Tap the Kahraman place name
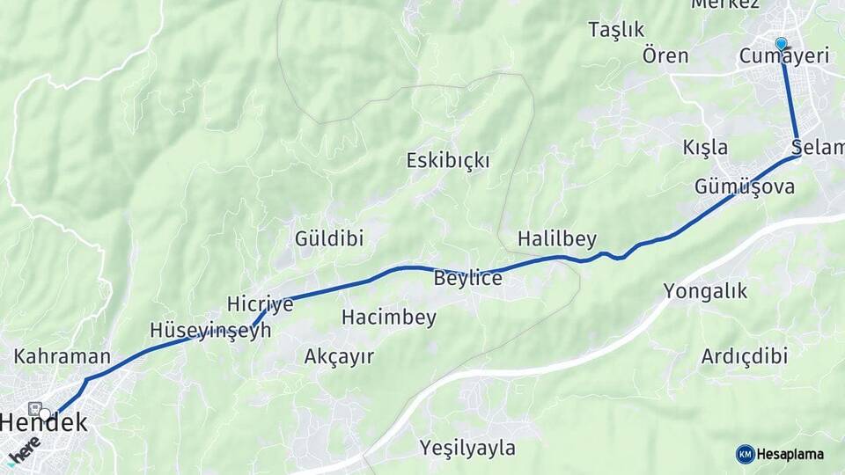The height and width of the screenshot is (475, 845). click(62, 357)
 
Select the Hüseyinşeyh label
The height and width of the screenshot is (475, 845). click(210, 330)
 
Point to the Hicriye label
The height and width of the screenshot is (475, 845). click(260, 303)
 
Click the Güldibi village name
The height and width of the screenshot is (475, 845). click(329, 238)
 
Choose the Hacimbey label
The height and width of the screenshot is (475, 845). click(389, 318)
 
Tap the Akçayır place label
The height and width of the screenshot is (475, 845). click(339, 356)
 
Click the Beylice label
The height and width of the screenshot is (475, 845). click(467, 279)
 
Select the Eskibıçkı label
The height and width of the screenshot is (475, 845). click(448, 161)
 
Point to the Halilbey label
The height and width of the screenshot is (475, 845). click(557, 238)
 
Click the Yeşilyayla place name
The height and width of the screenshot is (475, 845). click(467, 448)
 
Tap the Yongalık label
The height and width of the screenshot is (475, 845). click(705, 291)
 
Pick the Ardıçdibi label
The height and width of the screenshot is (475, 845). click(745, 356)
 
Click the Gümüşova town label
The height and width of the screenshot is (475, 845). click(745, 186)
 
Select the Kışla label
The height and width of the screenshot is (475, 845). click(705, 147)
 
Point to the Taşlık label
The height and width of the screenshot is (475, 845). click(616, 30)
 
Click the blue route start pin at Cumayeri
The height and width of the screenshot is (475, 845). click(781, 44)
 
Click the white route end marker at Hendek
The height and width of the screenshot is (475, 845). click(45, 412)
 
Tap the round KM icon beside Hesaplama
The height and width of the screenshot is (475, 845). click(745, 454)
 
